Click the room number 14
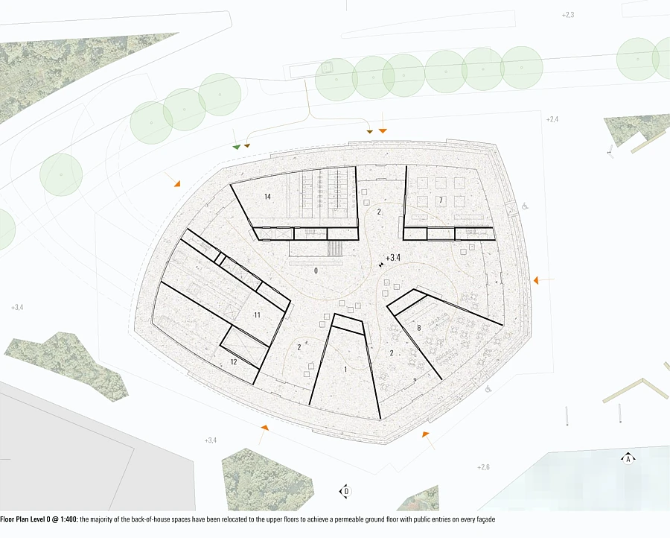tap(267, 197)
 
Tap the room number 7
tap(441, 200)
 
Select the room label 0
tap(316, 270)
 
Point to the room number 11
tap(257, 315)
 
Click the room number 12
tap(233, 362)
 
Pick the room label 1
tap(345, 369)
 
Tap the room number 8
tap(418, 328)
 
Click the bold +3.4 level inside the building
tap(393, 258)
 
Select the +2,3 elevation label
tap(568, 15)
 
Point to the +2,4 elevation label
tap(552, 119)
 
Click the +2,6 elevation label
tap(483, 467)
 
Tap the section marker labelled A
tap(628, 459)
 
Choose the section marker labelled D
tap(346, 491)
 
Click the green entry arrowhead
tap(236, 147)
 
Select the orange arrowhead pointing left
tap(536, 280)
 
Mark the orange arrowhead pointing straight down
tap(383, 130)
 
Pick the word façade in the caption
tap(485, 519)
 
